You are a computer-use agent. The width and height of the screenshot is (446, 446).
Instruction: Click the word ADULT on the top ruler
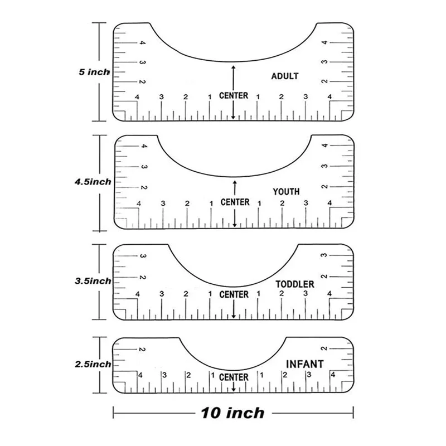[x=284, y=76]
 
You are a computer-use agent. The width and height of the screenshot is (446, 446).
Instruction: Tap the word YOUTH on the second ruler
[x=286, y=192]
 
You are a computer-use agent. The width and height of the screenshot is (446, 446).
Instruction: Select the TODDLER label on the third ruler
[x=295, y=284]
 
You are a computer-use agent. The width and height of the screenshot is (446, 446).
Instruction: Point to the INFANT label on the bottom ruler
[x=304, y=364]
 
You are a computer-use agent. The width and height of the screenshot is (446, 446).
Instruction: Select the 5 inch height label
[x=94, y=72]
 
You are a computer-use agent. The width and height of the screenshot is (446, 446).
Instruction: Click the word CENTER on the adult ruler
[x=234, y=96]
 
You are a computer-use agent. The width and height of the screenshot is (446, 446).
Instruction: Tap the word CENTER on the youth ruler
[x=235, y=202]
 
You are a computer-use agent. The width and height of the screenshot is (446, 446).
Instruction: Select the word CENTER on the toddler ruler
[x=234, y=294]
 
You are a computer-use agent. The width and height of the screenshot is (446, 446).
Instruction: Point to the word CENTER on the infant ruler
[x=234, y=377]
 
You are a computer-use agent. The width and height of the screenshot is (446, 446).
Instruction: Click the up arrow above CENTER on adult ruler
[x=234, y=77]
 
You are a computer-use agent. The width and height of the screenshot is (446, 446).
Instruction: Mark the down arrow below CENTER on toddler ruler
[x=234, y=311]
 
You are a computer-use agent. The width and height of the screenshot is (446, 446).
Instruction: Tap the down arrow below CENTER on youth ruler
[x=235, y=219]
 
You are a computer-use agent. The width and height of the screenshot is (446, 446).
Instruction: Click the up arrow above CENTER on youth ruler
[x=235, y=187]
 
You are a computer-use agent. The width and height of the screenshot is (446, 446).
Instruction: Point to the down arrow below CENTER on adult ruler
[x=234, y=111]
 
